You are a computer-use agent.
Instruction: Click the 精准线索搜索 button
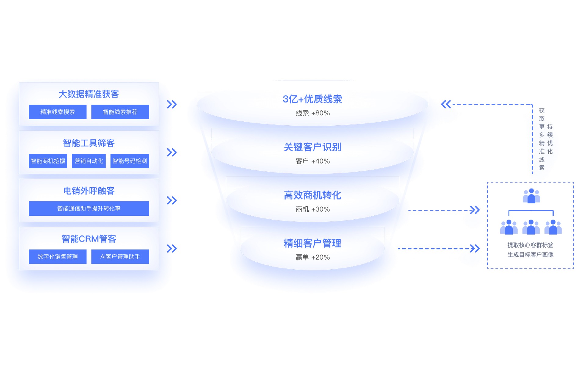point(57,112)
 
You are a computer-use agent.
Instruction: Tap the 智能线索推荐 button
point(120,112)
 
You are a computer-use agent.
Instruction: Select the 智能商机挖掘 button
point(48,161)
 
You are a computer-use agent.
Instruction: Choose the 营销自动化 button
point(89,161)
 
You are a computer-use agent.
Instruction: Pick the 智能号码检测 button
point(130,161)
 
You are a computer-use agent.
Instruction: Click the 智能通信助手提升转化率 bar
point(89,209)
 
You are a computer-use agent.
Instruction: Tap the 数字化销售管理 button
point(57,257)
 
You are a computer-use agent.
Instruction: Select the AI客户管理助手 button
point(120,257)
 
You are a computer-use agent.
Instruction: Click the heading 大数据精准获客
point(89,94)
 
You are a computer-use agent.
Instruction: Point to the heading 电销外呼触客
point(89,191)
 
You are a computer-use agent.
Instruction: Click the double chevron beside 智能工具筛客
point(172,152)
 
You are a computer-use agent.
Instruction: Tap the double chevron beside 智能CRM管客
point(172,249)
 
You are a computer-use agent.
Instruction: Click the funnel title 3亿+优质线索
point(312,99)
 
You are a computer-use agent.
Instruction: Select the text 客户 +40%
point(313,161)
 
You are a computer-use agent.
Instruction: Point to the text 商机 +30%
point(313,209)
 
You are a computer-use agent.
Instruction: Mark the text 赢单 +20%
point(313,257)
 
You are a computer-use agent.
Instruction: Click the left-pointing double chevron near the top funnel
point(446,104)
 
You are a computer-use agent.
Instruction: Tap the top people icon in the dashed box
point(531,196)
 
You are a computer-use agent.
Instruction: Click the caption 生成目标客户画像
point(530,255)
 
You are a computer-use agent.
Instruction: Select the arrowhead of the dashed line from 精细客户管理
point(475,249)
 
